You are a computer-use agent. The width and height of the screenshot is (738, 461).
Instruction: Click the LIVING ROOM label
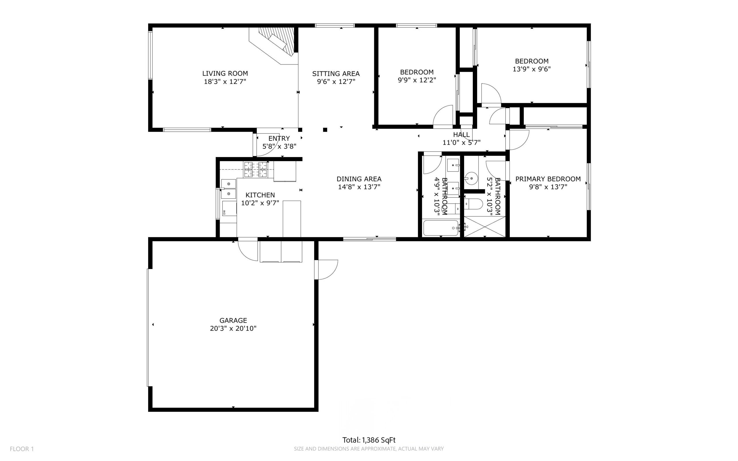point(225,74)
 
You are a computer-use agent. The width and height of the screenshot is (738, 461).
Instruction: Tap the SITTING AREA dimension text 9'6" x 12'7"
point(336,82)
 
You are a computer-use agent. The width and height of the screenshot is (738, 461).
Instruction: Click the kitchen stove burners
point(255,170)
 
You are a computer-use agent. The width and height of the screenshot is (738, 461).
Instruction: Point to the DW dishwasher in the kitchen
point(229,208)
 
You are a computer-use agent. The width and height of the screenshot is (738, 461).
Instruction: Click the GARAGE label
point(233,320)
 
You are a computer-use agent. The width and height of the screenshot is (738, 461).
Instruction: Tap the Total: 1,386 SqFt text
point(369,440)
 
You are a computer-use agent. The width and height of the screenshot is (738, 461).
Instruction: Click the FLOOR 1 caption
point(22,449)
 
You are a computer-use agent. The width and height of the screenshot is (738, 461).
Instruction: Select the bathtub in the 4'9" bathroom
point(441,228)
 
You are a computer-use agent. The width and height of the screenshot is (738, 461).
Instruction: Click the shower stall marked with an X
point(485,227)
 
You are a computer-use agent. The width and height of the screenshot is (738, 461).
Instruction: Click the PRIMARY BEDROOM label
point(548,179)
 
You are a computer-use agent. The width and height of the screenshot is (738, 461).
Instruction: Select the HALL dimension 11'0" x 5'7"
point(462,142)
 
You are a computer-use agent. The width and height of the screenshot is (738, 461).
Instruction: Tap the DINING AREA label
point(359,179)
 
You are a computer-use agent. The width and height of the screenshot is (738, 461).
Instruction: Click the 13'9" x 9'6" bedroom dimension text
point(532,69)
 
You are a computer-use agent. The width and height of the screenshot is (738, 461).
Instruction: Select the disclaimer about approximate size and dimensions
point(369,449)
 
